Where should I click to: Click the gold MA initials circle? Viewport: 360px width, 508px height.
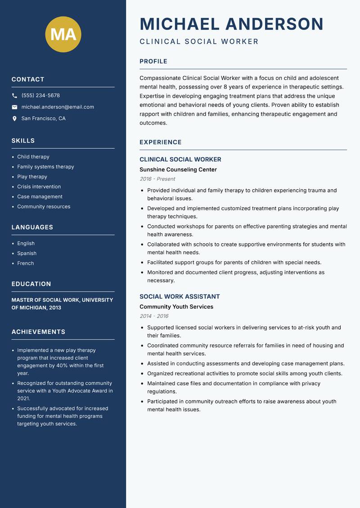pyautogui.click(x=63, y=34)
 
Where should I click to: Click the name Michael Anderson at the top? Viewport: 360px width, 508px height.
pyautogui.click(x=231, y=24)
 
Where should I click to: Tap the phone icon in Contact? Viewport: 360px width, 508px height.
pyautogui.click(x=14, y=96)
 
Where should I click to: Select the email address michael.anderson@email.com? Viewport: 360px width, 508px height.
pyautogui.click(x=58, y=107)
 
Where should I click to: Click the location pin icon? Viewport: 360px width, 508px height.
pyautogui.click(x=14, y=119)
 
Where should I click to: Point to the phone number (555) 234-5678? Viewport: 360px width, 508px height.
pyautogui.click(x=40, y=96)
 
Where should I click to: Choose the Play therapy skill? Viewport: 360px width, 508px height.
pyautogui.click(x=32, y=177)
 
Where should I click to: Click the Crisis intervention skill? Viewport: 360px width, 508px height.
pyautogui.click(x=39, y=187)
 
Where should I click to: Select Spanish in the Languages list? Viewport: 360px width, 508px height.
pyautogui.click(x=27, y=254)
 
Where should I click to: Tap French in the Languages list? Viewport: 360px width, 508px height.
pyautogui.click(x=25, y=263)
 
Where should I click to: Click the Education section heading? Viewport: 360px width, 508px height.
pyautogui.click(x=31, y=284)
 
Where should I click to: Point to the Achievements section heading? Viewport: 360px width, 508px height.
pyautogui.click(x=38, y=332)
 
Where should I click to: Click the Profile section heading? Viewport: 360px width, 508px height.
pyautogui.click(x=153, y=62)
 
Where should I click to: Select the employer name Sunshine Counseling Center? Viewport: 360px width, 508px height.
pyautogui.click(x=178, y=170)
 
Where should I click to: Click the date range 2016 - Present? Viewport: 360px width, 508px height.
pyautogui.click(x=157, y=179)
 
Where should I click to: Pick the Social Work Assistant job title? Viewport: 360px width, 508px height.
pyautogui.click(x=180, y=297)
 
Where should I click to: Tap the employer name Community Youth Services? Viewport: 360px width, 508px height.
pyautogui.click(x=176, y=307)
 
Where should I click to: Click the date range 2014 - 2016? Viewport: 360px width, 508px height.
pyautogui.click(x=154, y=316)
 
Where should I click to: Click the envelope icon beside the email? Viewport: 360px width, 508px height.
pyautogui.click(x=14, y=107)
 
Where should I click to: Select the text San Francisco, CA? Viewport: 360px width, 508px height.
pyautogui.click(x=43, y=119)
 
